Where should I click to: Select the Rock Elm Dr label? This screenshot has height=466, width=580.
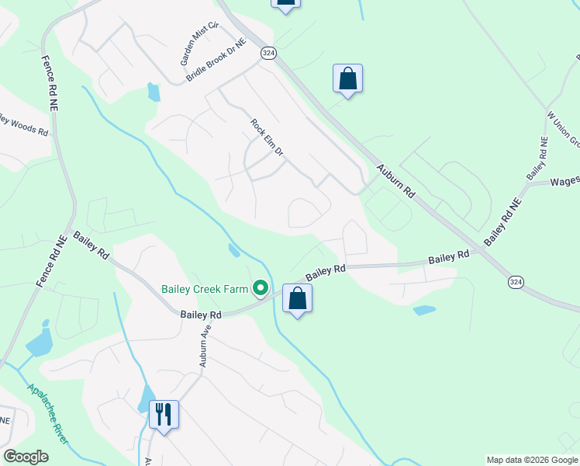pyautogui.click(x=268, y=141)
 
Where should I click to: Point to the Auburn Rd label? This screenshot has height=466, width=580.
pyautogui.click(x=395, y=180)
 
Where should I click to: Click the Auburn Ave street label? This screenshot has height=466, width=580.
pyautogui.click(x=205, y=346)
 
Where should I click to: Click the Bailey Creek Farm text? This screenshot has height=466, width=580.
pyautogui.click(x=205, y=289)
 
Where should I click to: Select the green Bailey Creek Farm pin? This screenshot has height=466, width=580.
pyautogui.click(x=261, y=289)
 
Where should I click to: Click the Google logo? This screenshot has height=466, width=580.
pyautogui.click(x=26, y=457)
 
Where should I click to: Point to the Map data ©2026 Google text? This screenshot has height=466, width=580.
pyautogui.click(x=532, y=460)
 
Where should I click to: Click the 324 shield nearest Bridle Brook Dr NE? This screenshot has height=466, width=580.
pyautogui.click(x=268, y=53)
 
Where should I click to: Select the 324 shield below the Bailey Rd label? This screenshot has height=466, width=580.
pyautogui.click(x=516, y=282)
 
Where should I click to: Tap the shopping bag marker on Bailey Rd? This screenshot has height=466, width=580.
pyautogui.click(x=297, y=298)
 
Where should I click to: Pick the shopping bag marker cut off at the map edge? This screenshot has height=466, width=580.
pyautogui.click(x=285, y=3)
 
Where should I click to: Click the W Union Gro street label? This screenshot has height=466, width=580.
pyautogui.click(x=564, y=127)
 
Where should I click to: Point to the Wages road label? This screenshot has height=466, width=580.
pyautogui.click(x=565, y=182)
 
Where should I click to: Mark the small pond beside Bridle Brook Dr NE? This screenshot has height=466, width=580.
pyautogui.click(x=154, y=93)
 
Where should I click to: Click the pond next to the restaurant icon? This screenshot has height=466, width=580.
pyautogui.click(x=144, y=398)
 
